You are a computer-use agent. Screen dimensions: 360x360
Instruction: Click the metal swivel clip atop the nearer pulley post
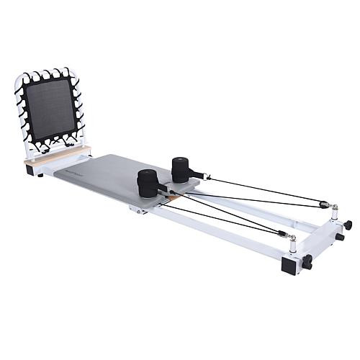coord(289,237)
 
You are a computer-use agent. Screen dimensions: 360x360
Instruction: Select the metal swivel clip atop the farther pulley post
coord(332,207)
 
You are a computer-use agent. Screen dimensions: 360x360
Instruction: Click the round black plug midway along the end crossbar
coord(338,237)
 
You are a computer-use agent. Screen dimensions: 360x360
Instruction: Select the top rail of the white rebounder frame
coord(46,71)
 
